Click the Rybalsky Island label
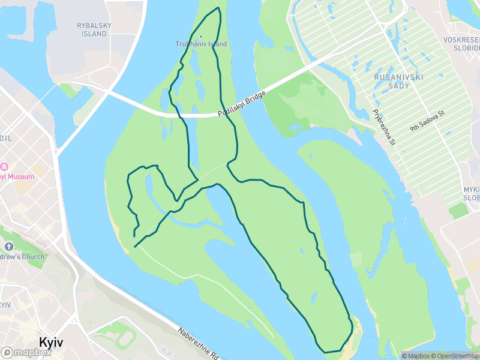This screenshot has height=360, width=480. pos(92,29)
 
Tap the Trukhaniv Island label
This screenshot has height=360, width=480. pos(201,44)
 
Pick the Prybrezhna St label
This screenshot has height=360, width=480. pos(383,127)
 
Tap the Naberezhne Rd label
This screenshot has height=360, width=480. pos(197,343)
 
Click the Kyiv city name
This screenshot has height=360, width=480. pos(52,341)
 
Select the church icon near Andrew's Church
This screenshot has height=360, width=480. pos(8,247)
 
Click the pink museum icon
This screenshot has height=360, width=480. pos(3,166)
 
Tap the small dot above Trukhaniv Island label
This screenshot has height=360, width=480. pos(201,36)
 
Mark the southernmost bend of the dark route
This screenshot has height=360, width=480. pos(325,352)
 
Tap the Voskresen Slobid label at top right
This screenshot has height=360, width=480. pos(467,43)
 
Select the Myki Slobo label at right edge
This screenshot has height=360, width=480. pos(471,193)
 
